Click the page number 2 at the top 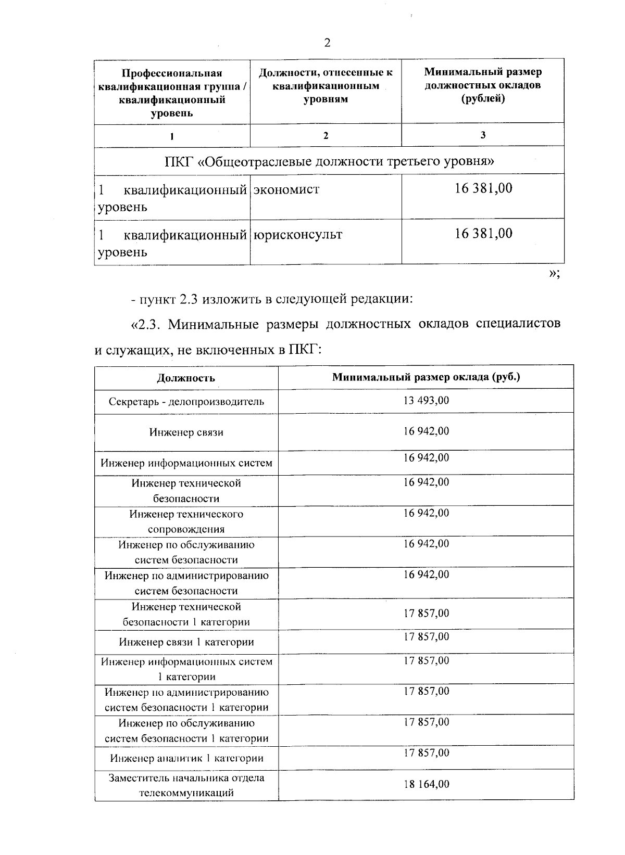tap(327, 43)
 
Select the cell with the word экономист tap(286, 189)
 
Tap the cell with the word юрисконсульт tap(297, 235)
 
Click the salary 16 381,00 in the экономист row tap(483, 188)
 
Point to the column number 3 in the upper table tap(483, 135)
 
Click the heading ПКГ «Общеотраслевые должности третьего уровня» tap(329, 161)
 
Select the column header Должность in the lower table tap(186, 378)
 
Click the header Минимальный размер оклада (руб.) tap(426, 377)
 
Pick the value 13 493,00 tap(426, 400)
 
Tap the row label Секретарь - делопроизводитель tap(186, 402)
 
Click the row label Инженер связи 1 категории tap(186, 642)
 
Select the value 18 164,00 tap(426, 784)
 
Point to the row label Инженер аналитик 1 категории tap(186, 758)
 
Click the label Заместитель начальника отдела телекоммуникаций tap(186, 785)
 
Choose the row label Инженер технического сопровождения tap(186, 521)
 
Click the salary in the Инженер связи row tap(426, 431)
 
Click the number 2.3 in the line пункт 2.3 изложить tap(189, 300)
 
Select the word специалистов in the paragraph tap(518, 324)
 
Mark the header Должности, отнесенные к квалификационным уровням tap(326, 85)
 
